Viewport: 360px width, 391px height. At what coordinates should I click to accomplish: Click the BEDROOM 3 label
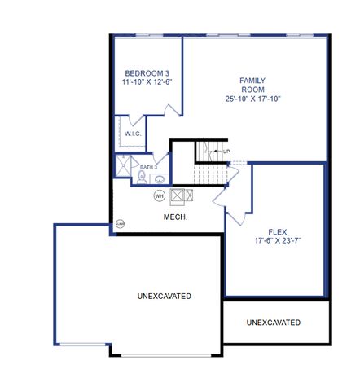point(147,72)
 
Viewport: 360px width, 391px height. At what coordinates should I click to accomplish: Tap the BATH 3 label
point(148,167)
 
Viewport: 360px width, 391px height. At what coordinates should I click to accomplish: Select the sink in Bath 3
point(160,179)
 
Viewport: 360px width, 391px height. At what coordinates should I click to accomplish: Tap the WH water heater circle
point(160,195)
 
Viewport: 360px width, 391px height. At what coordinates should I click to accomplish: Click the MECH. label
point(176,217)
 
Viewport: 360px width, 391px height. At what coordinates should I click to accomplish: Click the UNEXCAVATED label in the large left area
point(164,296)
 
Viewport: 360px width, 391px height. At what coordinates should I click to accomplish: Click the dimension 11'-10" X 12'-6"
point(147,82)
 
